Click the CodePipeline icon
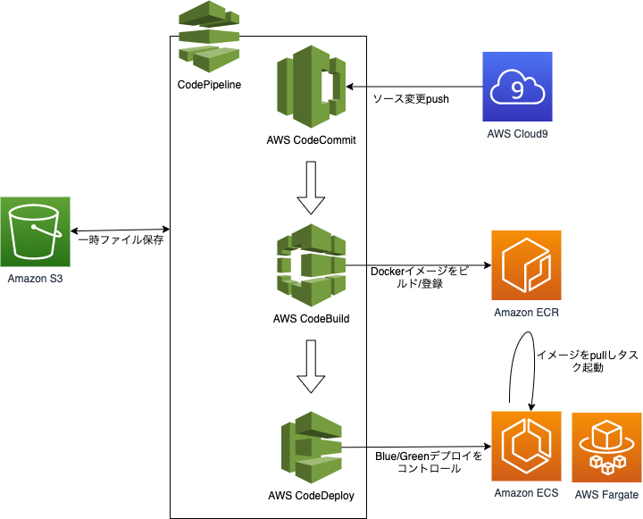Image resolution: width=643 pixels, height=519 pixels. coord(209,37)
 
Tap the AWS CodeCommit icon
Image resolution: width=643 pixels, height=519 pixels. coord(312,87)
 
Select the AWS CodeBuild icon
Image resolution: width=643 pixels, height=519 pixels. coord(312,265)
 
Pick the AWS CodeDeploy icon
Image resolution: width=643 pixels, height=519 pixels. coord(312,448)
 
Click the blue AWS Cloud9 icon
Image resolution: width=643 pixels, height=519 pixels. coord(517,87)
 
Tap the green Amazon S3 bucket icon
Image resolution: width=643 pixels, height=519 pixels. coord(35,231)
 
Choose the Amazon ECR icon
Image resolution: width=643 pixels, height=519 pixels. coord(526,265)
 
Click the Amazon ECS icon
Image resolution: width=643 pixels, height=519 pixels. coord(526,446)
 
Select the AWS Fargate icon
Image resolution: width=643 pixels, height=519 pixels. coord(606,448)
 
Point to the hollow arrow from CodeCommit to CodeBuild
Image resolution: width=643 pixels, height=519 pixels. coord(311,188)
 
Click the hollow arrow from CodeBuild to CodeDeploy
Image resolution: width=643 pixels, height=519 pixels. coord(311,366)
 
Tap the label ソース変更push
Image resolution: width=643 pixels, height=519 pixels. coord(411,99)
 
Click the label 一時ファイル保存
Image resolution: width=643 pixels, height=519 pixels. coord(121,240)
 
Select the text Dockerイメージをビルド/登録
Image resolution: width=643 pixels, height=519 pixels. coord(419,277)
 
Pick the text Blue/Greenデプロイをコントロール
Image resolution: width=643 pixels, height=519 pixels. coord(429,463)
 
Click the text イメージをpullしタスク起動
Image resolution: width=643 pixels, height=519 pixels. coord(588,361)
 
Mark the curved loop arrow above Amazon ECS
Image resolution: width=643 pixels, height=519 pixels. coord(522,331)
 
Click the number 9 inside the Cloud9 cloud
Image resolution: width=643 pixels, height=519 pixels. coord(517,89)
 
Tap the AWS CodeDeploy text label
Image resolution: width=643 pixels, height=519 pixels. coord(312,496)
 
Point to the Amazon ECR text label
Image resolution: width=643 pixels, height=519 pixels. coord(526,313)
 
